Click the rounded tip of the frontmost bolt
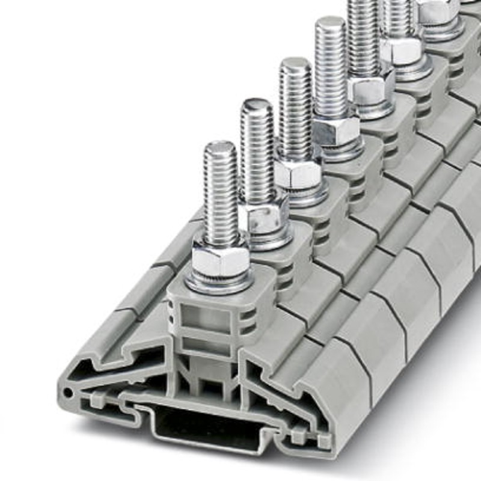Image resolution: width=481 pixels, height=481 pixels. (220, 147)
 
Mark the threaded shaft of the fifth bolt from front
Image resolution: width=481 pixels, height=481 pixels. (365, 36)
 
